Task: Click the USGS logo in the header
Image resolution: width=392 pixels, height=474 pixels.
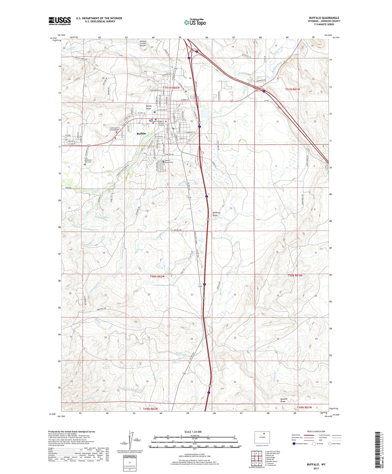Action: (59, 21)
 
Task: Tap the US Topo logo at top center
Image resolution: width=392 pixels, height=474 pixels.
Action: (195, 22)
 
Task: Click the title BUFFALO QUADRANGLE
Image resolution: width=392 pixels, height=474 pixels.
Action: (324, 18)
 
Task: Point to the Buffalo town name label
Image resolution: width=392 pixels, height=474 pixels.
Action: (141, 134)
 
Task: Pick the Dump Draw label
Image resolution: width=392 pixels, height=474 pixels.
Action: (149, 107)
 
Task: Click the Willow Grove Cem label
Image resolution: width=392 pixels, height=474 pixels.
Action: (169, 161)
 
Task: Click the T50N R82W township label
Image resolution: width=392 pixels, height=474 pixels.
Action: (157, 276)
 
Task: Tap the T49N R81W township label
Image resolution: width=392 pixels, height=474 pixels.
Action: (304, 407)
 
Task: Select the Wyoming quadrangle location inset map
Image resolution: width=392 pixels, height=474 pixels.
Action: (262, 437)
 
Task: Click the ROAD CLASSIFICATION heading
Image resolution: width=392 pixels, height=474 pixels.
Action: (316, 431)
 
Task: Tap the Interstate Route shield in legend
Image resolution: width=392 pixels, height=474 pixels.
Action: (294, 444)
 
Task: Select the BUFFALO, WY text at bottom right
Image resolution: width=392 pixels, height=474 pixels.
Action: (316, 464)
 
